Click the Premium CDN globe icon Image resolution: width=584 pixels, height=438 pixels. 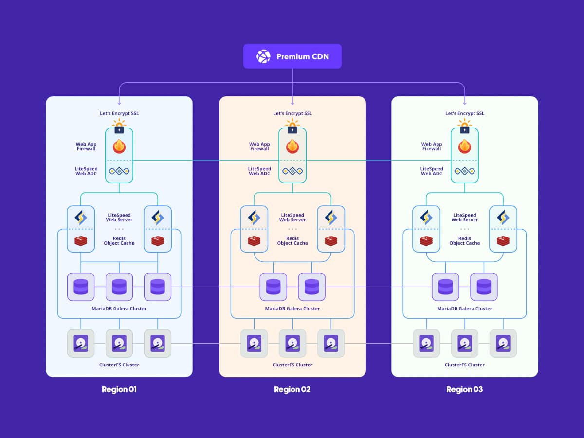tap(263, 56)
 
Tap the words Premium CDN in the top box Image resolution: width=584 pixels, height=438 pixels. tap(302, 56)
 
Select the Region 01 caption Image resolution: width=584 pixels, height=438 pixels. tap(119, 389)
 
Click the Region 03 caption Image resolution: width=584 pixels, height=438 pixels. tap(464, 389)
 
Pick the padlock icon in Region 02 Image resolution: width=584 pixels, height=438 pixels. tap(292, 128)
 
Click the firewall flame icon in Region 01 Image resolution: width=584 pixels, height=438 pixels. tap(119, 146)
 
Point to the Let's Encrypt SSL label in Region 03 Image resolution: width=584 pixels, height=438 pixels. tap(465, 113)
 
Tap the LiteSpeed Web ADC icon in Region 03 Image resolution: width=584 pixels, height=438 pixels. tap(465, 171)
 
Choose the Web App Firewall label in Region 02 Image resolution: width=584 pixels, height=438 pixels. tap(259, 146)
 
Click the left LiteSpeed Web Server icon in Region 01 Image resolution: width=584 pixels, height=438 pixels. tap(81, 217)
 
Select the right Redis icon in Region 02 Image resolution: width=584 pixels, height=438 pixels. tap(331, 240)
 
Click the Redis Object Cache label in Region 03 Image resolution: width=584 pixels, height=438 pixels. tap(465, 241)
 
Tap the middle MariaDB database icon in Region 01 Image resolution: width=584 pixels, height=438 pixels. tap(119, 287)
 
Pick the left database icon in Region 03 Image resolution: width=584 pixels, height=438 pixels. tap(445, 287)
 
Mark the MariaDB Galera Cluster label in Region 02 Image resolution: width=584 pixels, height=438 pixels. tap(292, 309)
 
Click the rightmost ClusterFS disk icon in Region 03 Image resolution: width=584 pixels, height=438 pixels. tap(503, 343)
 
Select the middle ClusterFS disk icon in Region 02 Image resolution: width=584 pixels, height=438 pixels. tap(292, 343)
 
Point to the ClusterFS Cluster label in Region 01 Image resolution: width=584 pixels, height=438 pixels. tap(119, 365)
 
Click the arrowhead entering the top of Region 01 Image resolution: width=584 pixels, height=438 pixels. tap(119, 103)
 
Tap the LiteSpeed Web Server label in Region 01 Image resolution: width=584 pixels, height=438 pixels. tap(119, 218)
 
